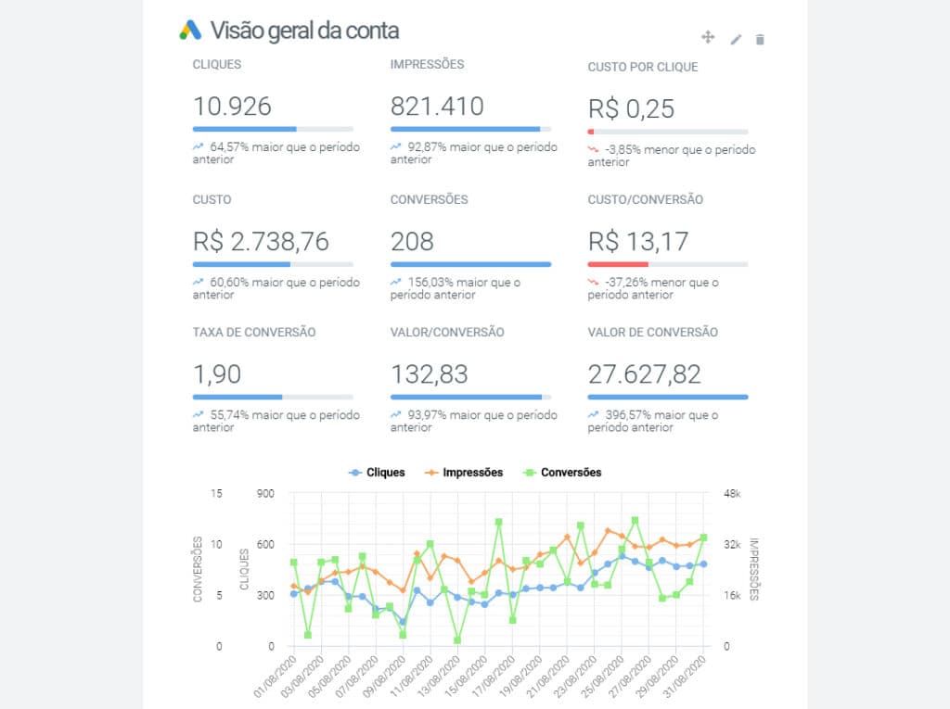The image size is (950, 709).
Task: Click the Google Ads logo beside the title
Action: click(190, 30)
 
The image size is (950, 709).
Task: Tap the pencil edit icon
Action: click(736, 39)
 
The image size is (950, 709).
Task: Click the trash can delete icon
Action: click(760, 39)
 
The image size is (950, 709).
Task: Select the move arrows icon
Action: click(708, 37)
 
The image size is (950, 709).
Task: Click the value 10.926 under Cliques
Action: click(232, 106)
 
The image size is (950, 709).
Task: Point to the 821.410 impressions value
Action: click(437, 106)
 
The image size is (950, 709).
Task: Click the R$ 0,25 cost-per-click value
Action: click(631, 108)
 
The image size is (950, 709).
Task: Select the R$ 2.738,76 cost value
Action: click(261, 241)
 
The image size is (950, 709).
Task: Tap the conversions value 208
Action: click(412, 241)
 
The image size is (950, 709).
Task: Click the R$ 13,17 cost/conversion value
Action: click(638, 241)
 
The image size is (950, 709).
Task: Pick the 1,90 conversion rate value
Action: click(217, 374)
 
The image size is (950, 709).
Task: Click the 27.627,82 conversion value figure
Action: click(644, 374)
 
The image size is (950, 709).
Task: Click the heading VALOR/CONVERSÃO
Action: click(447, 332)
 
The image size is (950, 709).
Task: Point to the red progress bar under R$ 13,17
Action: click(618, 264)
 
